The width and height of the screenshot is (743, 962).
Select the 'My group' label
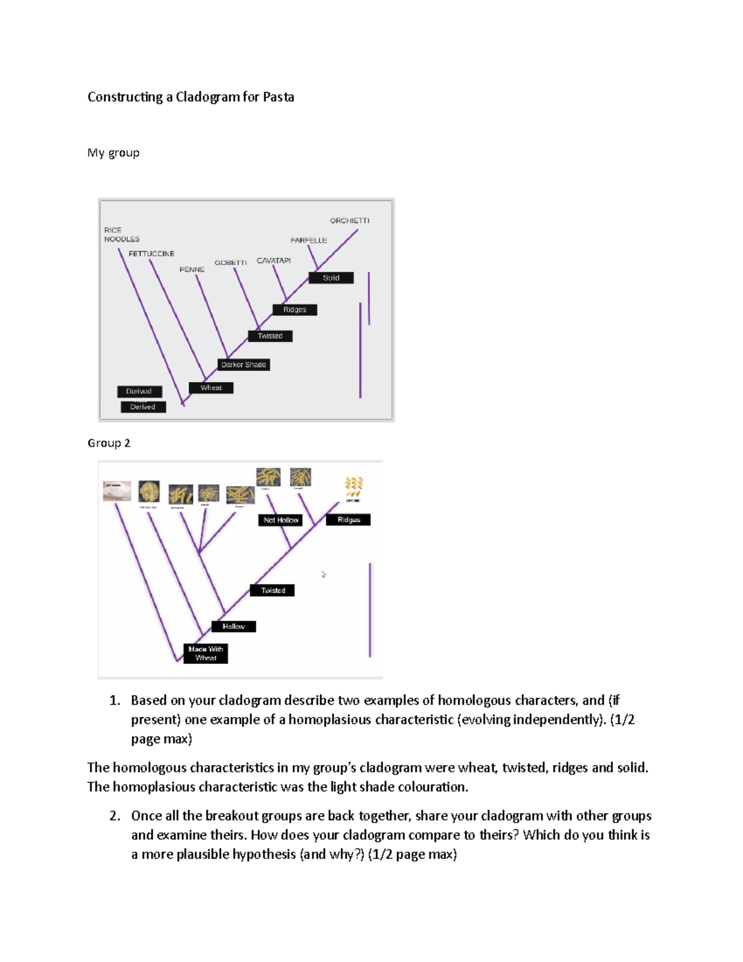pos(113,153)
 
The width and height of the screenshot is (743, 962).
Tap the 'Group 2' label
pos(109,443)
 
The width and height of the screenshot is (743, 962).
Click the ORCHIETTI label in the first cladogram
pos(349,221)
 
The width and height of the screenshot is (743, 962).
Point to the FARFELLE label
pos(308,240)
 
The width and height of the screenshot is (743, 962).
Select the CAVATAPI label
pos(274,261)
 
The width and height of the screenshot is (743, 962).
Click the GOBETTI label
pos(230,263)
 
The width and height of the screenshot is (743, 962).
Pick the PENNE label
pos(192,269)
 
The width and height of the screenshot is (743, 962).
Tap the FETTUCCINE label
pos(152,254)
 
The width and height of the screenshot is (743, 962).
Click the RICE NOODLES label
pos(121,235)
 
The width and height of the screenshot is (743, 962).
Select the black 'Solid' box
pos(331,278)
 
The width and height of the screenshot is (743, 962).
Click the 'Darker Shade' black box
pos(243,365)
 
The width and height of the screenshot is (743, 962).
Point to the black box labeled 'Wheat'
pos(211,388)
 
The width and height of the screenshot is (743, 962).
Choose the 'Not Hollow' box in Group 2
pos(280,520)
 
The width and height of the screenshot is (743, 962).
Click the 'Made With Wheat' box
pos(206,654)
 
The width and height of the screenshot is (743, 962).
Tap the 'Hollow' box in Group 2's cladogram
pos(233,627)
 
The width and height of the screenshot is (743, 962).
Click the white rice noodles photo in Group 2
pos(117,491)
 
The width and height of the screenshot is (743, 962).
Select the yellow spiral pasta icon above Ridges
pos(353,487)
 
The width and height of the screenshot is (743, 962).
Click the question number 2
pos(115,816)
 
